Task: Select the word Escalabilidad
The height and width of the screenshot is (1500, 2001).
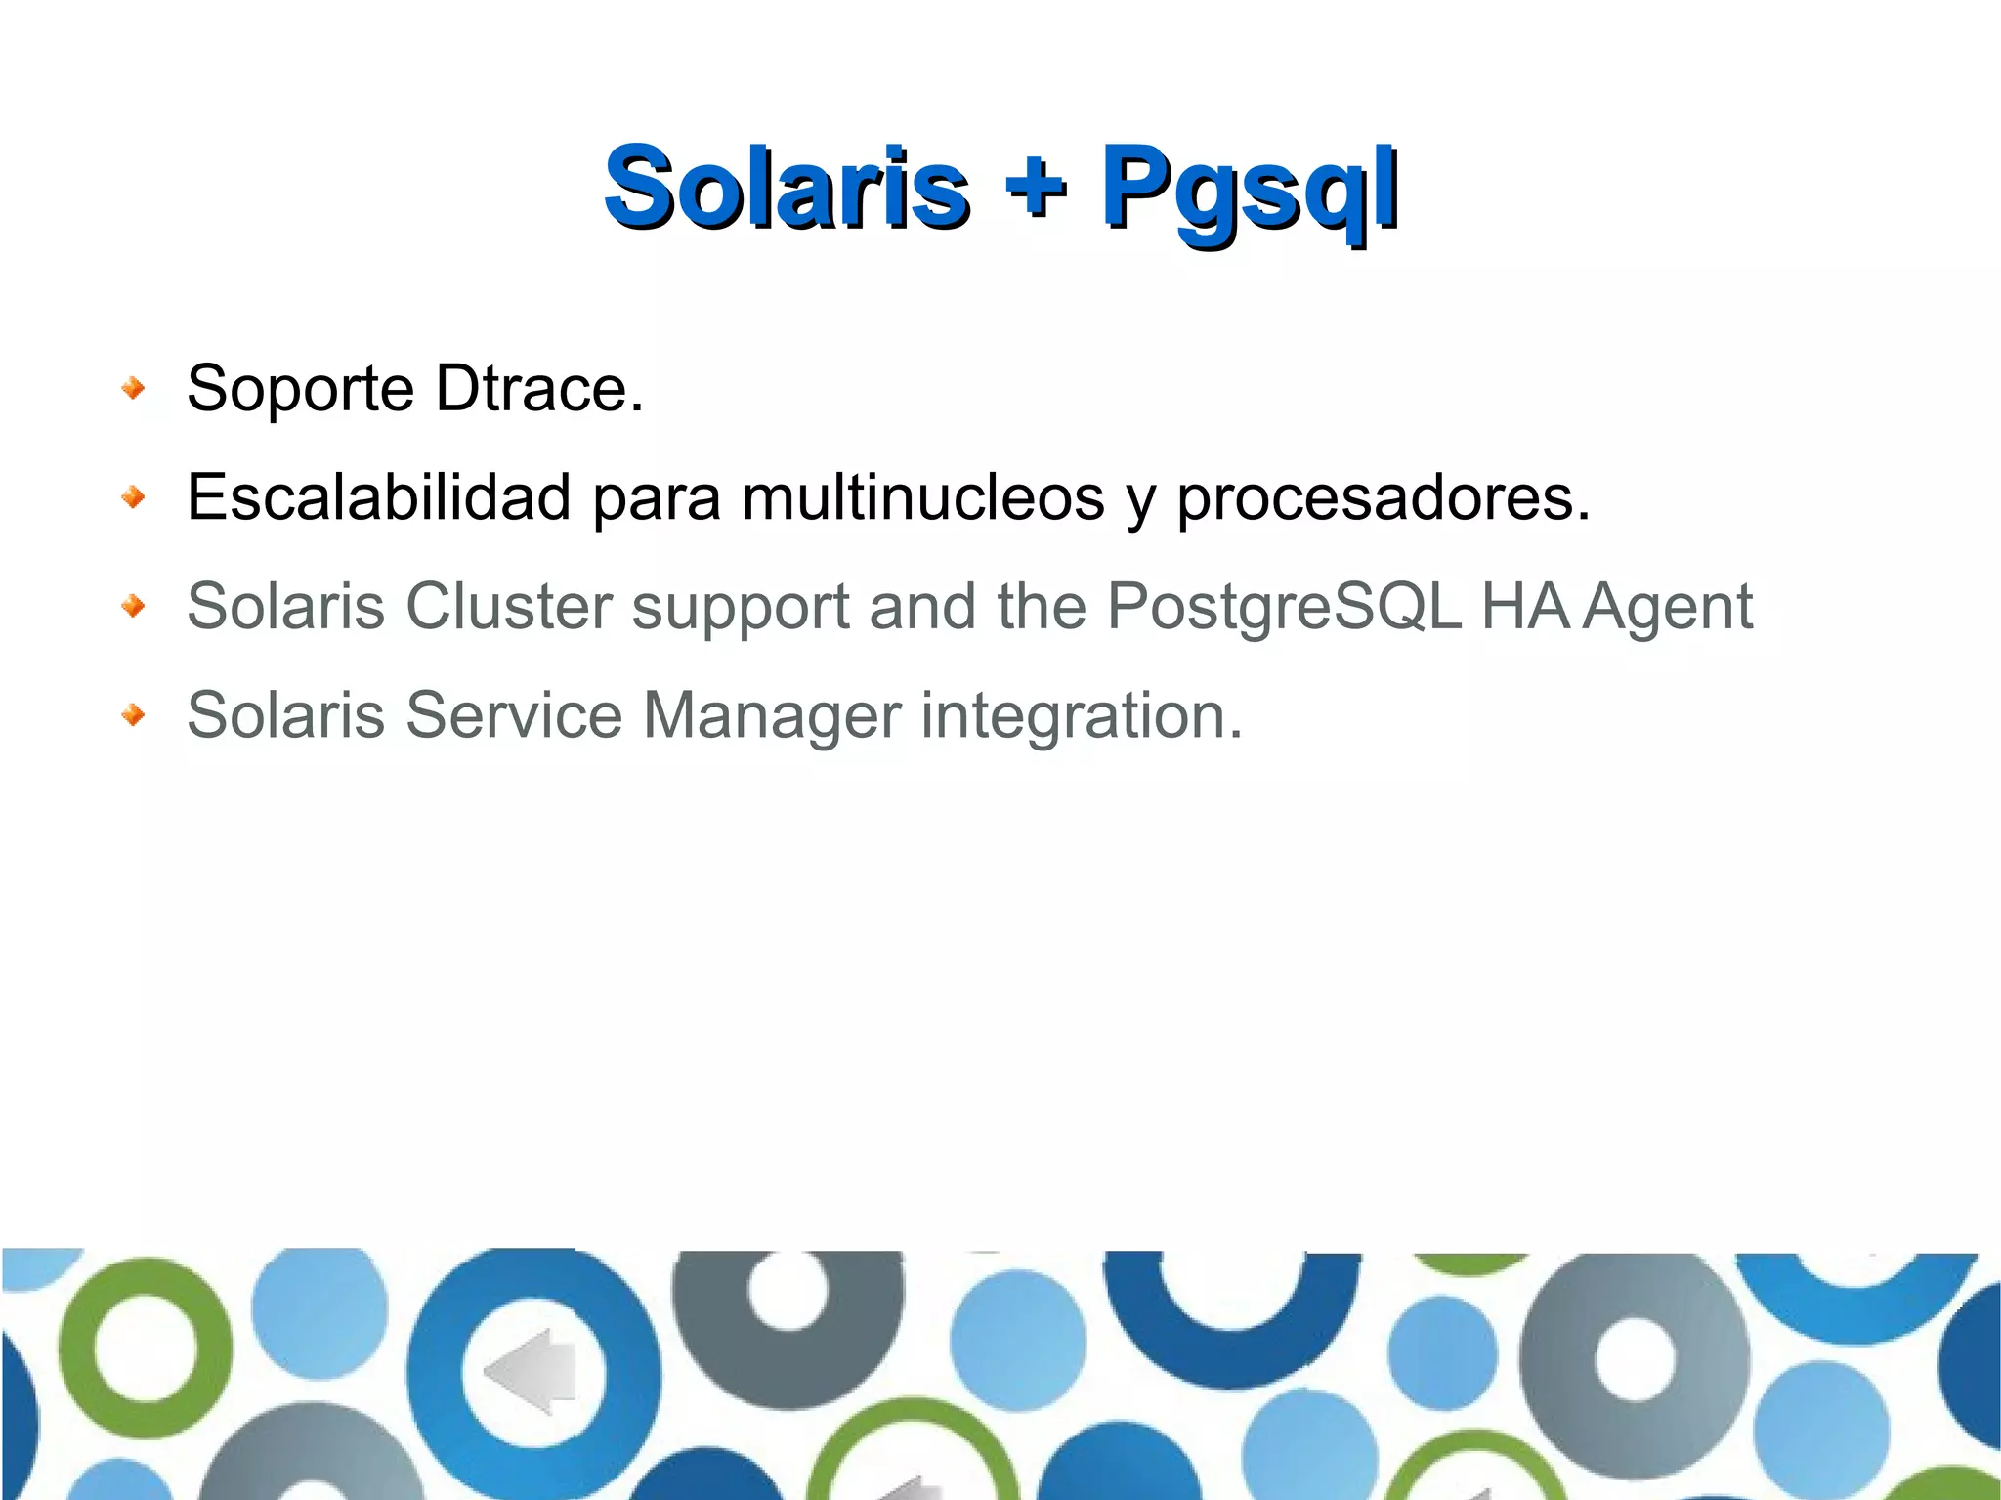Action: point(379,496)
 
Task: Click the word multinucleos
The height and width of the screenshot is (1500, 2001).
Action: point(922,496)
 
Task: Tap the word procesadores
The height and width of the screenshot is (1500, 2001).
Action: point(1382,498)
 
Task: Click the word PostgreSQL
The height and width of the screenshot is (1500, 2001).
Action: point(1284,608)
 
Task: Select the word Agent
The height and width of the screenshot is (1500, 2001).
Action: point(1667,608)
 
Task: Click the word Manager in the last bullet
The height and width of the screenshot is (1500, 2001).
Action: point(772,715)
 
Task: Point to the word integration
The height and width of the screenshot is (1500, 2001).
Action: point(1081,715)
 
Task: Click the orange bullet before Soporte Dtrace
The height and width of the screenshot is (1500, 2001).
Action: point(134,389)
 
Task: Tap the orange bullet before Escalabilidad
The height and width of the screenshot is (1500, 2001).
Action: point(134,498)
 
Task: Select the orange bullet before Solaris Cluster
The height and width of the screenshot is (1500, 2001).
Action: point(134,607)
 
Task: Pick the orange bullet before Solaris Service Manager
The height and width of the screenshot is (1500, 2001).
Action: point(134,715)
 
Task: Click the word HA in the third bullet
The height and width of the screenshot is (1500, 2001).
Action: point(1524,606)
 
